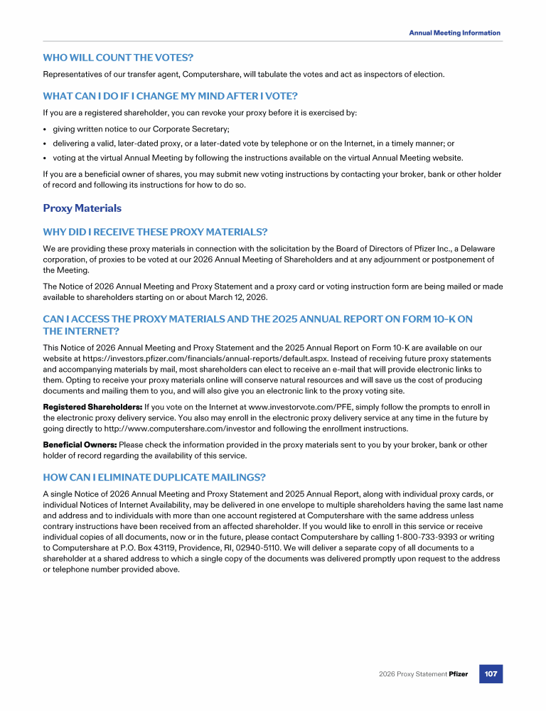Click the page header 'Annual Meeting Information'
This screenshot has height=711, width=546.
click(x=454, y=33)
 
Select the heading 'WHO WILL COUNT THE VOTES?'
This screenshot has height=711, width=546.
click(x=118, y=57)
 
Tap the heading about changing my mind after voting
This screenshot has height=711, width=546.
click(x=170, y=96)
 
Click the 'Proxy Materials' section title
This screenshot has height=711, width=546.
click(x=82, y=208)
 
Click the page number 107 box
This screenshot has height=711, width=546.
click(x=491, y=673)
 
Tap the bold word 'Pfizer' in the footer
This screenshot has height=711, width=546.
click(x=458, y=673)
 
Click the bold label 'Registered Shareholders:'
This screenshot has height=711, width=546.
click(x=92, y=407)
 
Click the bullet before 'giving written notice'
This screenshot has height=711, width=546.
click(x=45, y=129)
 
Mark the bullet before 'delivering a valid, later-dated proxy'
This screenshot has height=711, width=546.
click(x=45, y=143)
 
